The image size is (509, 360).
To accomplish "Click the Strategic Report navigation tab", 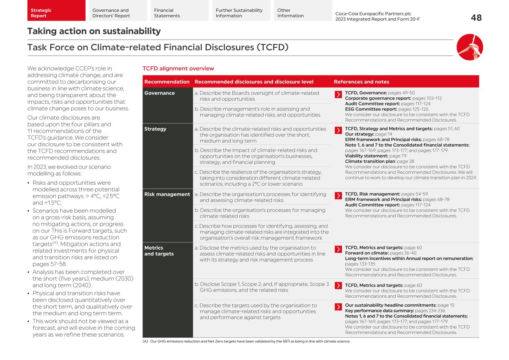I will click(x=56, y=10).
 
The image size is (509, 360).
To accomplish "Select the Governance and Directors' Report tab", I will click(x=117, y=10).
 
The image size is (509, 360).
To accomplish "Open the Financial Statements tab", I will click(x=179, y=10).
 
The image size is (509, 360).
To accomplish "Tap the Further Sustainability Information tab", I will click(x=241, y=10).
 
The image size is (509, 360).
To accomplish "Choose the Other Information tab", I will click(x=303, y=10).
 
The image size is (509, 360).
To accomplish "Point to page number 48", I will click(x=476, y=18).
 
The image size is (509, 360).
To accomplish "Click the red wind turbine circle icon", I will click(x=469, y=47).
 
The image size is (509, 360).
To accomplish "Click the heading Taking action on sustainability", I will click(x=94, y=31).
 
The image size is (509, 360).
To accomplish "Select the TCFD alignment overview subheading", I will click(x=178, y=69).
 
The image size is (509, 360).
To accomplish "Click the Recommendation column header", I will click(x=167, y=82).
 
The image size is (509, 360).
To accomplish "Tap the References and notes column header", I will click(x=361, y=82).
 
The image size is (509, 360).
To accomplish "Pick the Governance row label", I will click(x=160, y=93).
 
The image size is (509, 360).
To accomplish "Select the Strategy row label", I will click(x=155, y=129).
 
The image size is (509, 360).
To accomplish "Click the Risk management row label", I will click(x=167, y=194).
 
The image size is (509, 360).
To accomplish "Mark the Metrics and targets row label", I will click(x=159, y=251).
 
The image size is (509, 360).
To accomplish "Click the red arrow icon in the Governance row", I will click(x=338, y=94).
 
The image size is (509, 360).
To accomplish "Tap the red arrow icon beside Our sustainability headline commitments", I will click(x=338, y=307).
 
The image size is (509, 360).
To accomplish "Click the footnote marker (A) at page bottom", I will click(x=145, y=341).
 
